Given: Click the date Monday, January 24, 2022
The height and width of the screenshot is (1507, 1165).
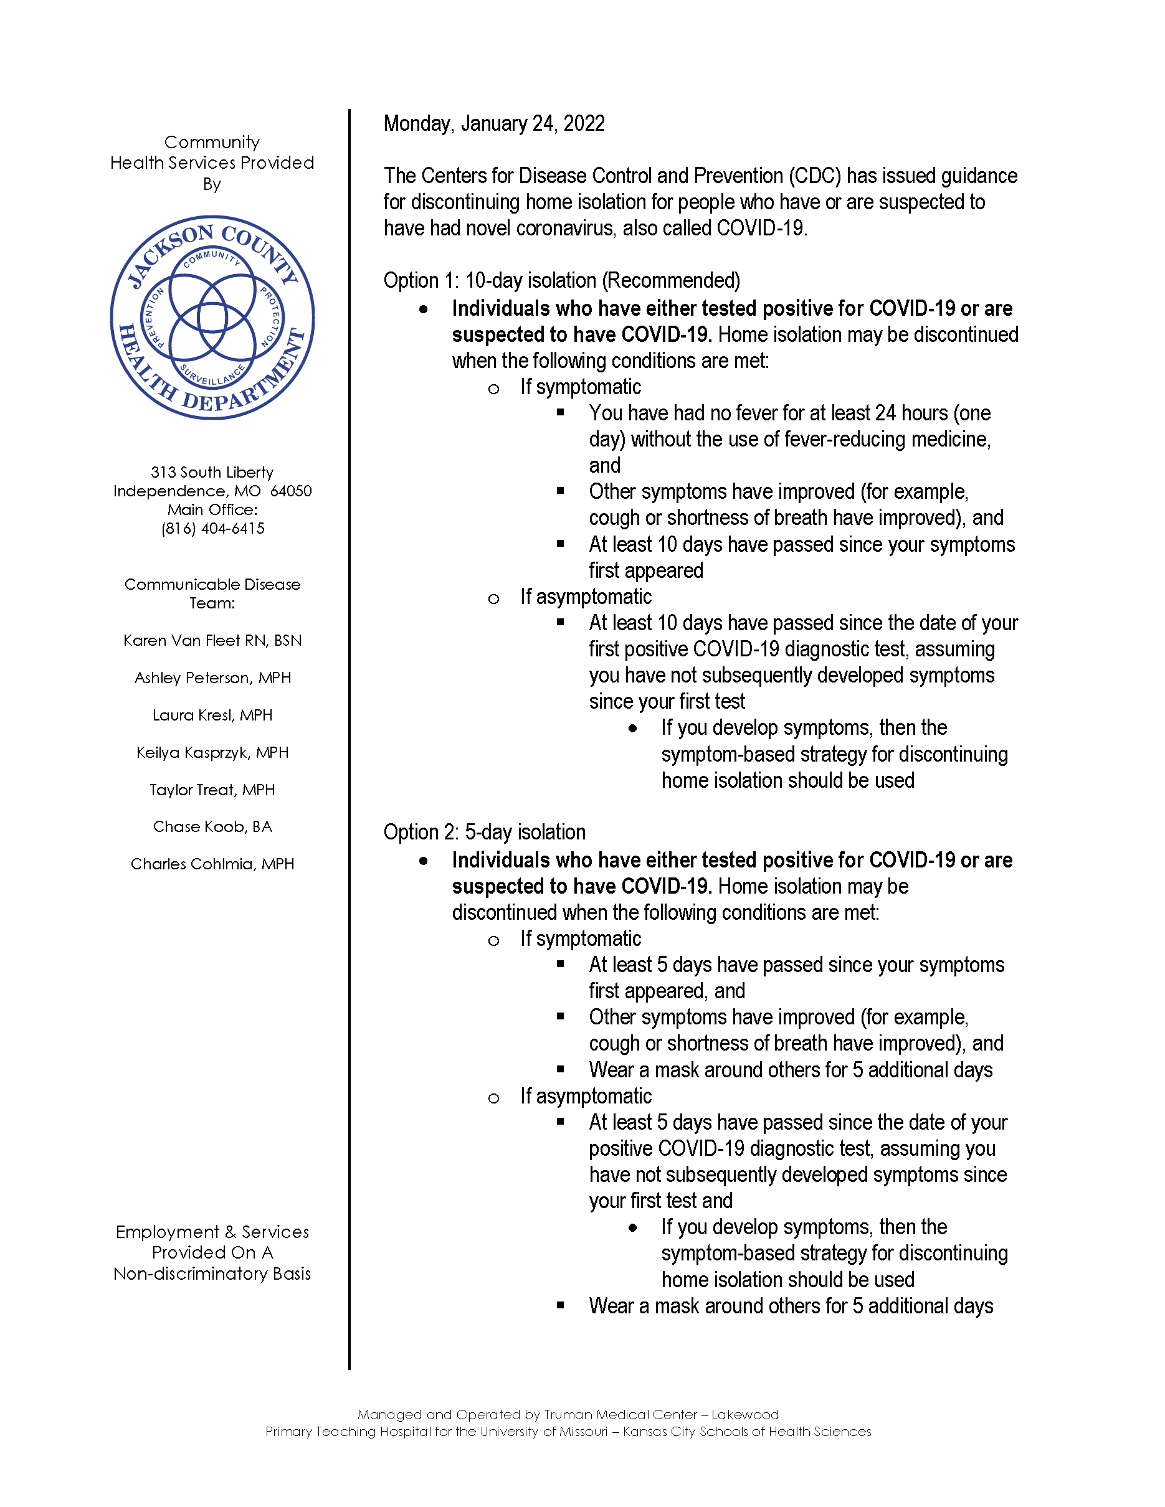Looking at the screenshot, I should [x=493, y=123].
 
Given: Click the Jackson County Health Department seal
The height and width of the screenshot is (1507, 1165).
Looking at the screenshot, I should [x=212, y=318].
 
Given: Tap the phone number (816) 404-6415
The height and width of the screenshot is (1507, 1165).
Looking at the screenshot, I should [x=212, y=529].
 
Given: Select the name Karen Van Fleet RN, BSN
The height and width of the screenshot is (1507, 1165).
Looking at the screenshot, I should [x=212, y=640].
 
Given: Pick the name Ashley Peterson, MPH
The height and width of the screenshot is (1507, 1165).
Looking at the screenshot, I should [x=212, y=678].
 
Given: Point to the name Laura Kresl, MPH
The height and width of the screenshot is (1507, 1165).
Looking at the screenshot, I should [x=212, y=715].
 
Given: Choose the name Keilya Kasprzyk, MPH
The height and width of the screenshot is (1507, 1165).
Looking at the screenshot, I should [x=212, y=752].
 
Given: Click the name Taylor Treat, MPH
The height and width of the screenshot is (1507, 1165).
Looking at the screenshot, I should [x=212, y=790].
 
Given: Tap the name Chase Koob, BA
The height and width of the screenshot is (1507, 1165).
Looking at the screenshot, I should [x=212, y=826].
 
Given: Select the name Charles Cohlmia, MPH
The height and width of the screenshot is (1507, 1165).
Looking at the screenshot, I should [x=212, y=864].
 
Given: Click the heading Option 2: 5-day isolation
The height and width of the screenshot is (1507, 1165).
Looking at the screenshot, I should [x=485, y=832].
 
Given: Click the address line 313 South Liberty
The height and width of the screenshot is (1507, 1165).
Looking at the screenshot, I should [x=212, y=472].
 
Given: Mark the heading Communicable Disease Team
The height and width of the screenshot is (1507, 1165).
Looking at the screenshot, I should [x=212, y=593].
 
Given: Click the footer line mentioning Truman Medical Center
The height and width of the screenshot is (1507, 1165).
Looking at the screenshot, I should [x=568, y=1415].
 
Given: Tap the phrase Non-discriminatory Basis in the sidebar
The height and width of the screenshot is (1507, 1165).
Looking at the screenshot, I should [x=212, y=1273].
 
